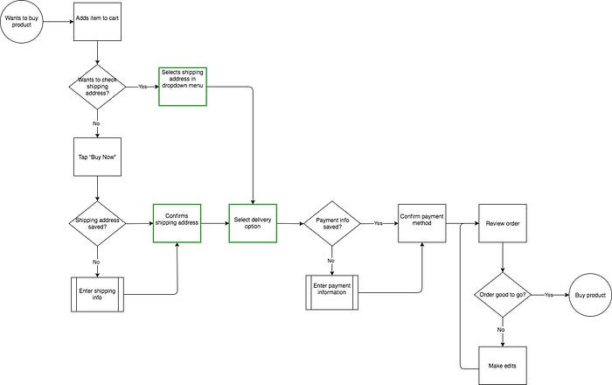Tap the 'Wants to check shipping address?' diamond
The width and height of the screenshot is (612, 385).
coord(97,87)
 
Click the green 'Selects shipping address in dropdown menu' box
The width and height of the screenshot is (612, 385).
coord(183,87)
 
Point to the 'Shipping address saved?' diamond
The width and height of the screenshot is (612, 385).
coord(97,223)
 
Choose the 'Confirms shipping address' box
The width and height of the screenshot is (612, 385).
coord(177,223)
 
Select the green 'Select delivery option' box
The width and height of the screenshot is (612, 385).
coord(254,223)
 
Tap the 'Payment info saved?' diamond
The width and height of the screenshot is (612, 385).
coord(330,223)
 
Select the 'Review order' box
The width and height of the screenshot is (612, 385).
coord(502,223)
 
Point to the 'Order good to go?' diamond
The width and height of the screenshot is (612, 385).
coord(502,296)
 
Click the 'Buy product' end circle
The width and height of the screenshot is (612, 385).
coord(590,296)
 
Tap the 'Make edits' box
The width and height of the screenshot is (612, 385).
coord(502,363)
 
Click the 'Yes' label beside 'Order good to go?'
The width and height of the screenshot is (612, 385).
coord(548,296)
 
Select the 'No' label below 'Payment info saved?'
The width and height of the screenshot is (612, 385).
coord(330,261)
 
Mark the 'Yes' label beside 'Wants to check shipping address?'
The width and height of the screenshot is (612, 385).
coord(143,87)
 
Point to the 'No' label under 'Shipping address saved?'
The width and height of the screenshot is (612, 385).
coord(97,261)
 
